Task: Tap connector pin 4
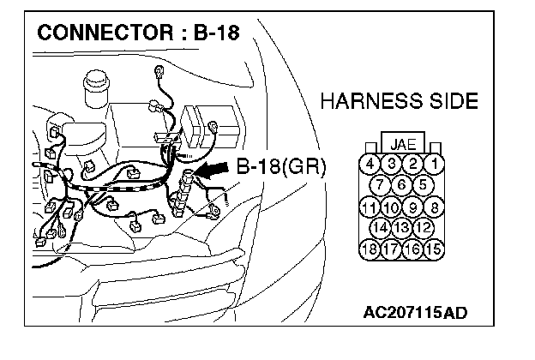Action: [370, 163]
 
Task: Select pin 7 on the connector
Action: [381, 184]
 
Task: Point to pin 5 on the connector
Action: [423, 184]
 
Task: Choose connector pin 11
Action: [370, 207]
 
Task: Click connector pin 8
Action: [436, 207]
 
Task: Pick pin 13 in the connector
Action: [402, 228]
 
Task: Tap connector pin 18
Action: [370, 250]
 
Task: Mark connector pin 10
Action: [391, 207]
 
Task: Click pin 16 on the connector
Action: [413, 250]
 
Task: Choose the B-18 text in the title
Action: [213, 35]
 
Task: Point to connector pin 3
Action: [391, 163]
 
